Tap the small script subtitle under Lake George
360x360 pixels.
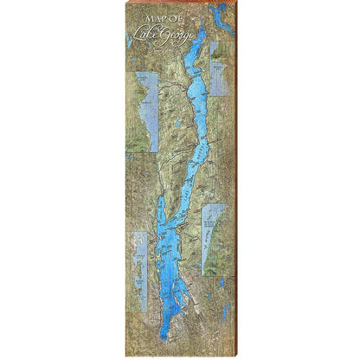click(x=159, y=48)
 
